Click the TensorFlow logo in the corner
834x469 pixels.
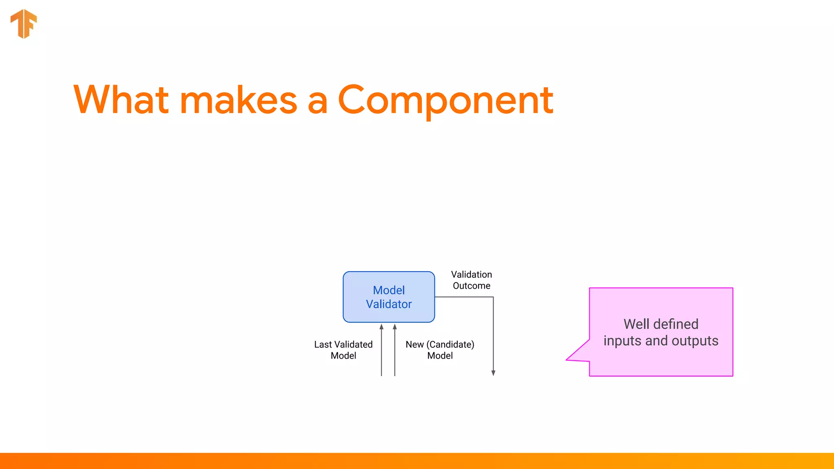(x=24, y=24)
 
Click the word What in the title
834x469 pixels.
(x=121, y=100)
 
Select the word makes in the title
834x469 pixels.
(x=238, y=101)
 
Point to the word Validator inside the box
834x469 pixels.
(x=388, y=304)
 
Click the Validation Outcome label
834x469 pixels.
(x=471, y=280)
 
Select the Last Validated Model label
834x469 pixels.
(x=343, y=350)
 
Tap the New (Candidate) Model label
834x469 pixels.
(x=440, y=350)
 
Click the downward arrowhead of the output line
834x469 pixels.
(x=493, y=373)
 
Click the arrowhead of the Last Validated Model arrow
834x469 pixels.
(x=382, y=327)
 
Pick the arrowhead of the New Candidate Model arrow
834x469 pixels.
(x=395, y=327)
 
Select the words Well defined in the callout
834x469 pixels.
(x=661, y=324)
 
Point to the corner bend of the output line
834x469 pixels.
(x=493, y=297)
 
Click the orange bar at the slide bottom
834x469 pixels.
(x=417, y=461)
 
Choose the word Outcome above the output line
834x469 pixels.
(x=471, y=286)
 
